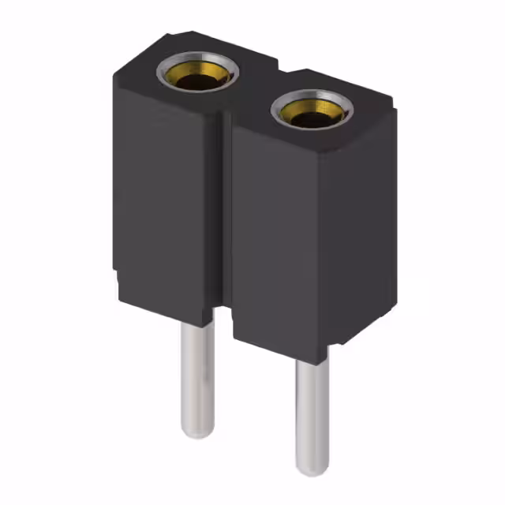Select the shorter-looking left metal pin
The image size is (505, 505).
[x=196, y=379]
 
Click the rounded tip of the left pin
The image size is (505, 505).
[x=196, y=432]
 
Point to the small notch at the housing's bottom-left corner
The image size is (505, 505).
[x=117, y=280]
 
